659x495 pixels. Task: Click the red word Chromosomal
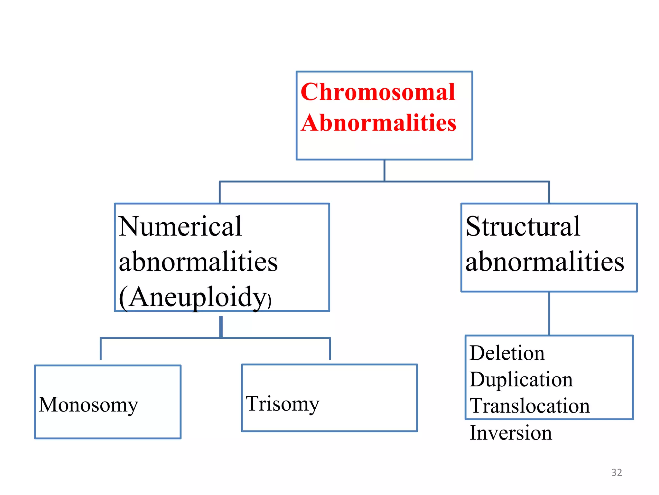coord(378,92)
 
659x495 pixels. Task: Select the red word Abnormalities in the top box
coord(379,123)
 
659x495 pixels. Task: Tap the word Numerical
coord(180,227)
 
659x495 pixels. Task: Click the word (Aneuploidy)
coord(195,297)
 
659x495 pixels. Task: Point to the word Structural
coord(523,227)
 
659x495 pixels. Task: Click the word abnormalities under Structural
coord(545,262)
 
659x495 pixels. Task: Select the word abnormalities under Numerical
coord(198,262)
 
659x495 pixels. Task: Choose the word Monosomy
coord(88,405)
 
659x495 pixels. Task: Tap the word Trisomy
coord(283,404)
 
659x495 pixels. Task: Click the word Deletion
coord(507,353)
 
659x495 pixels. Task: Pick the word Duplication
coord(521,380)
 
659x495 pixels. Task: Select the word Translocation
coord(530,406)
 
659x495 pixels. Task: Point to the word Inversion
coord(511,433)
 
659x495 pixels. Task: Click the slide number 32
coord(617,472)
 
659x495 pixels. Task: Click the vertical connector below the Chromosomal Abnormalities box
coord(384,170)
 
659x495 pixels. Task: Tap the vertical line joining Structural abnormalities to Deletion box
coord(549,313)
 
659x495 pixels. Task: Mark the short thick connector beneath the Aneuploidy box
coord(221,326)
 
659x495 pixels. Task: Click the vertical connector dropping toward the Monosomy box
coord(101,349)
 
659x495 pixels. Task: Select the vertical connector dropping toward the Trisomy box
coord(330,349)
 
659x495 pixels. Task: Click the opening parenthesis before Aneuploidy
coord(123,298)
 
